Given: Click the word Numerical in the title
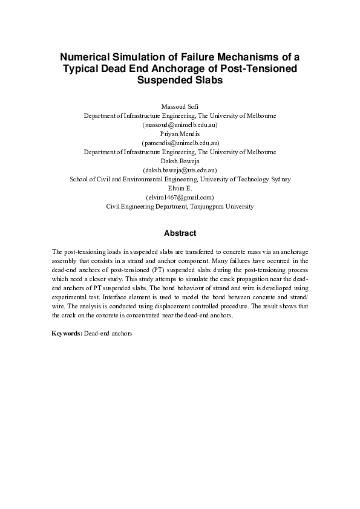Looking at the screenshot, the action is click(x=85, y=57).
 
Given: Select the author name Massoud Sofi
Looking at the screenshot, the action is click(x=180, y=107).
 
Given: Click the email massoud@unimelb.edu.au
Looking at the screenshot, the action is click(x=180, y=125).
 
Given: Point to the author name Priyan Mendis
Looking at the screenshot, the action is click(x=180, y=134).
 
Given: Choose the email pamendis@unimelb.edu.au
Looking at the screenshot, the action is click(x=180, y=143).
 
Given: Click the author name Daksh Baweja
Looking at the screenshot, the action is click(x=180, y=161).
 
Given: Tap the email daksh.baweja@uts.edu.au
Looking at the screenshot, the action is click(x=180, y=170).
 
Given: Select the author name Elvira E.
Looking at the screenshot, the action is click(x=180, y=188).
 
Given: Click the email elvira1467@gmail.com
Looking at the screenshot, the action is click(x=180, y=197).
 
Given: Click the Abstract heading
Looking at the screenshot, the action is click(x=180, y=233).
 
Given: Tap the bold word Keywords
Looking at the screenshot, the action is click(x=67, y=333).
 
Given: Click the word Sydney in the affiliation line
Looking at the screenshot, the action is click(x=279, y=179).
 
